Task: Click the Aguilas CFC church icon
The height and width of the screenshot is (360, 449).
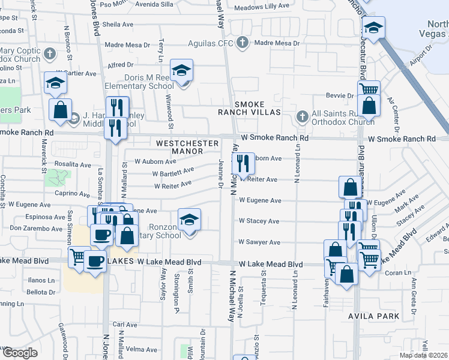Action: (242, 43)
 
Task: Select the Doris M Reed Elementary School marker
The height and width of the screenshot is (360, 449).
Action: (181, 71)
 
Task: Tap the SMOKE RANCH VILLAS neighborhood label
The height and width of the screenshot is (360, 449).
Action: (258, 108)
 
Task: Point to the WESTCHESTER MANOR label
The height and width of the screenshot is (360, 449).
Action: (179, 147)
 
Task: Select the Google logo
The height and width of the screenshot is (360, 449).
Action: (19, 352)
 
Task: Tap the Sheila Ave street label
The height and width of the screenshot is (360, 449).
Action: (118, 25)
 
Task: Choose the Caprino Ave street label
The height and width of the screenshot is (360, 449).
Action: (72, 193)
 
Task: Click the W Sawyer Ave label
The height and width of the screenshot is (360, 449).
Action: (259, 242)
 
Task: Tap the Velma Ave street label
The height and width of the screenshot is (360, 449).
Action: (142, 349)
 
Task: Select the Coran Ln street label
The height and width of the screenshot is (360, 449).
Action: (396, 272)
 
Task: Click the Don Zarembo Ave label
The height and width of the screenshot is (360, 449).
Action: (35, 228)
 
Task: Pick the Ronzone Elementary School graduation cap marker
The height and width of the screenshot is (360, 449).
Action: (189, 220)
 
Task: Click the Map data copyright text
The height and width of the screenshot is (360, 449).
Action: (424, 355)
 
